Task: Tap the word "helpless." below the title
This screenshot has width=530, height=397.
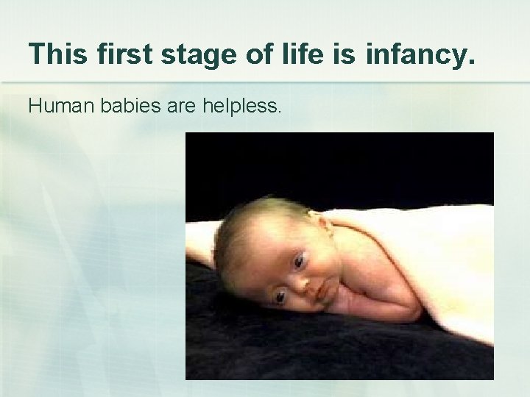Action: [243, 107]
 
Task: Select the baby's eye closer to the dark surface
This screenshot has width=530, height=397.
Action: [279, 296]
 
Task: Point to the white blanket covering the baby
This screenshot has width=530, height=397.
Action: [427, 257]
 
